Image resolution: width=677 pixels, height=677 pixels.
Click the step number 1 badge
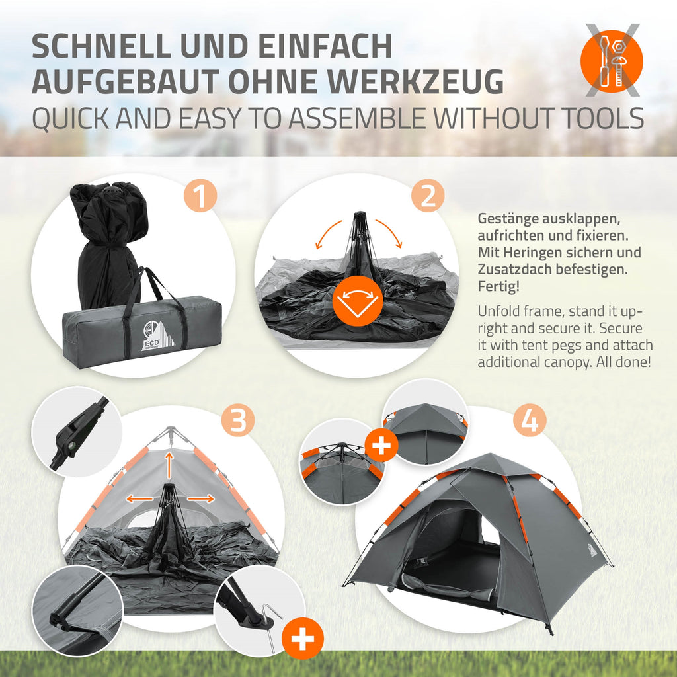(x=200, y=196)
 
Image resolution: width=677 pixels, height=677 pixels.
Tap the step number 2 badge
(x=428, y=196)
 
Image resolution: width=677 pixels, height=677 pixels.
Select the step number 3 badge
(x=238, y=420)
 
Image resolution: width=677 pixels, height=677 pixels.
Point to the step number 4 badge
(x=530, y=420)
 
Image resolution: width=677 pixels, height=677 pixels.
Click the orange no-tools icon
(x=612, y=61)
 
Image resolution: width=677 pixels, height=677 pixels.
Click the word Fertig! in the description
(x=498, y=286)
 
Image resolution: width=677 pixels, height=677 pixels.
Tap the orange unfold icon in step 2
(x=358, y=301)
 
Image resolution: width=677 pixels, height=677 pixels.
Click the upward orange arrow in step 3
(x=169, y=465)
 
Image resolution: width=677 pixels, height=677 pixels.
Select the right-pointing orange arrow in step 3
(x=201, y=498)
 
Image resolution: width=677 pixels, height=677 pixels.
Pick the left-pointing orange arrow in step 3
(x=139, y=499)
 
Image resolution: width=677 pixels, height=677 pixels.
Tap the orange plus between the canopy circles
(x=381, y=446)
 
